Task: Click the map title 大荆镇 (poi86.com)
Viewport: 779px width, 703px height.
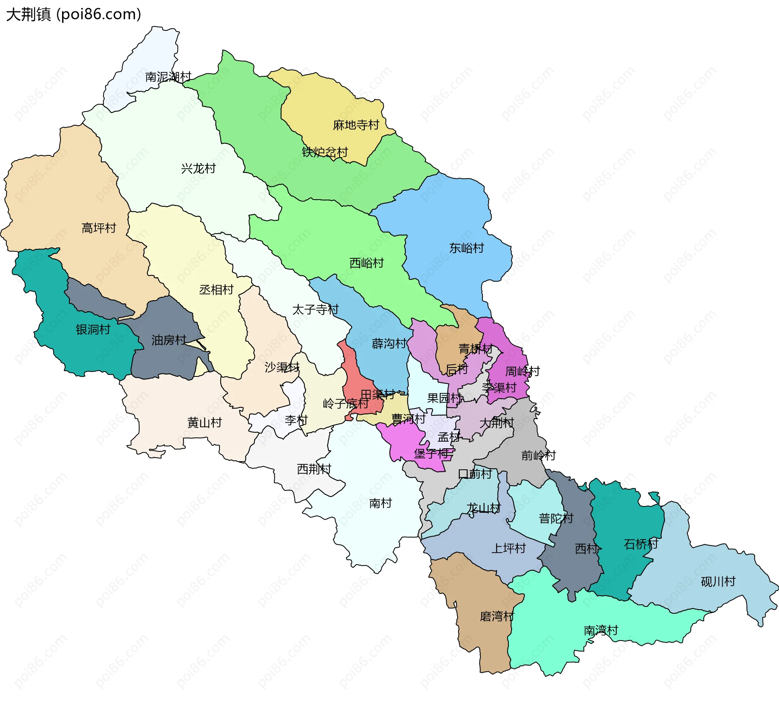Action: [73, 15]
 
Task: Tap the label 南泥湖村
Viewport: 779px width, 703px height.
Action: [168, 77]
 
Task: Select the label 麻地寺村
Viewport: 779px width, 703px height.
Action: [356, 125]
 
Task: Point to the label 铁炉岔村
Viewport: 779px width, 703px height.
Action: [325, 152]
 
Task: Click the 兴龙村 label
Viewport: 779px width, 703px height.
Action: [198, 168]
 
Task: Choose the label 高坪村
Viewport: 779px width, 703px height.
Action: [99, 228]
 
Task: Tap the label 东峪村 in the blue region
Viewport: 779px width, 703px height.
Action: [466, 248]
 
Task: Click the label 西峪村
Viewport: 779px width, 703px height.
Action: [366, 263]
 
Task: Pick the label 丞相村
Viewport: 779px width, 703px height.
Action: [216, 290]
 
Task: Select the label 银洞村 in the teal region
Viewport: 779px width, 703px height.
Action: [93, 329]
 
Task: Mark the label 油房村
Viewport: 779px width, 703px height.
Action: [169, 340]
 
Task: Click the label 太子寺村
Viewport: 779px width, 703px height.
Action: [315, 310]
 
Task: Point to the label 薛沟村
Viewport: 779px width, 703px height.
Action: [389, 344]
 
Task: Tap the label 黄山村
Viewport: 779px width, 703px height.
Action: [204, 423]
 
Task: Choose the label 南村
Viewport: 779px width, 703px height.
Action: [380, 503]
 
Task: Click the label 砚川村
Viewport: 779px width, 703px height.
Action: [718, 582]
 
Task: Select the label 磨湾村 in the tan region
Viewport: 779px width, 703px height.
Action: [497, 617]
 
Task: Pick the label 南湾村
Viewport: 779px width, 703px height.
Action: [600, 630]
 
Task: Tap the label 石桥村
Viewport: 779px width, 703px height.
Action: [641, 544]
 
